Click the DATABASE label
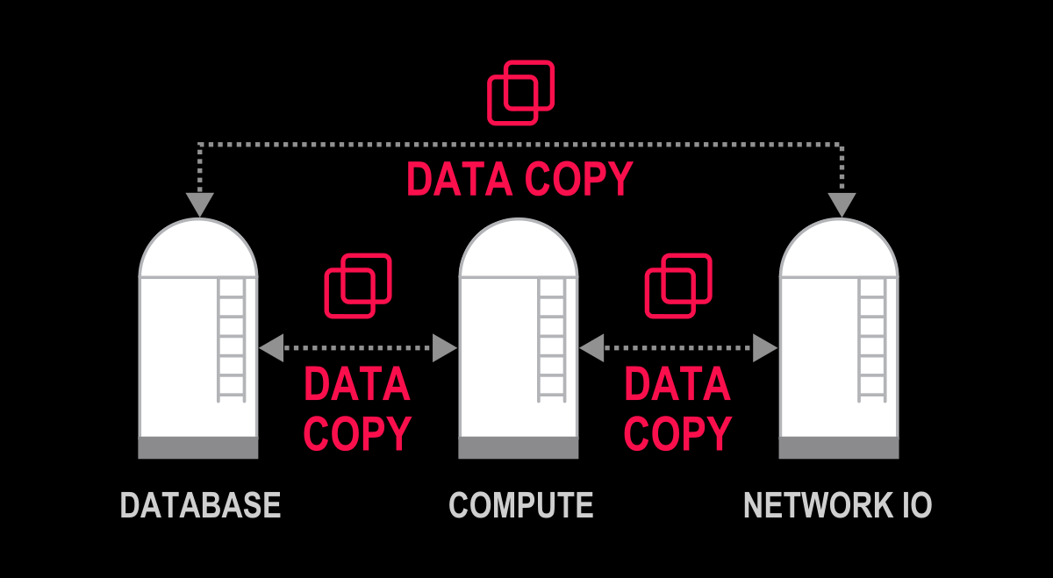(200, 505)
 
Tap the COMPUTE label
(520, 505)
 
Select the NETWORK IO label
(837, 505)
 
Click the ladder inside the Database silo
(232, 338)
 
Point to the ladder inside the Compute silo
(552, 338)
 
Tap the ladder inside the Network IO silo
(872, 338)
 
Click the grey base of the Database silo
(198, 447)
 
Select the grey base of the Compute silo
(519, 447)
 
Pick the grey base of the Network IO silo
(839, 447)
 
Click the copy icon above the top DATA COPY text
(520, 91)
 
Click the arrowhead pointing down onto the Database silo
(200, 204)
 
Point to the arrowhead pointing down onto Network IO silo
(842, 204)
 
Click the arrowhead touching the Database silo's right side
(271, 348)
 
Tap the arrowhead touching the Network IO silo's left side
(766, 348)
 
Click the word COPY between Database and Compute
(357, 432)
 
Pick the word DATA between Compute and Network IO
(677, 384)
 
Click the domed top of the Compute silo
(519, 250)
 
